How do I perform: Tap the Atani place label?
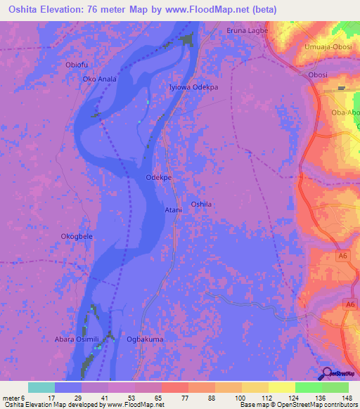(172, 209)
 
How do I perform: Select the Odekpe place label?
(158, 178)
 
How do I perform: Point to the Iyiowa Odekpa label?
(193, 87)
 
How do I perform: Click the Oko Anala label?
(99, 79)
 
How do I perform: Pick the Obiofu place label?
(76, 65)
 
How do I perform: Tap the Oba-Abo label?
(345, 112)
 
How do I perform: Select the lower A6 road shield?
(349, 304)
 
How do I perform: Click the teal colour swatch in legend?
(41, 387)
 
